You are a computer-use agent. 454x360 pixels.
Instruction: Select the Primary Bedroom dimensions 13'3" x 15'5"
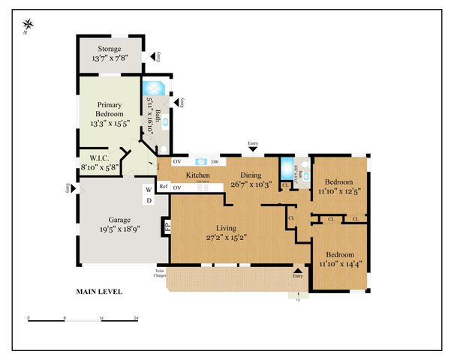click(x=110, y=123)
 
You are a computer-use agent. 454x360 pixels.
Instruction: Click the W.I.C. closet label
click(x=95, y=158)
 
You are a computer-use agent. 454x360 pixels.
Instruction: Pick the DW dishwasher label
click(x=215, y=161)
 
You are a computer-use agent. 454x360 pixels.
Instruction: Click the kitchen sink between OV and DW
click(x=200, y=161)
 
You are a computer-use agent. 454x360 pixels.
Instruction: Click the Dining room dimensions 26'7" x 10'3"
click(x=248, y=184)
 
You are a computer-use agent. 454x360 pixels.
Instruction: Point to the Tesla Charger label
click(x=160, y=272)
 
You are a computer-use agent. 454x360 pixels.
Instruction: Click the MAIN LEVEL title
click(x=99, y=291)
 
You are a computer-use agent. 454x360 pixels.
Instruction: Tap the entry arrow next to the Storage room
click(x=154, y=56)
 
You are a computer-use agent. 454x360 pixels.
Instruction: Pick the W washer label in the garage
click(x=149, y=190)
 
